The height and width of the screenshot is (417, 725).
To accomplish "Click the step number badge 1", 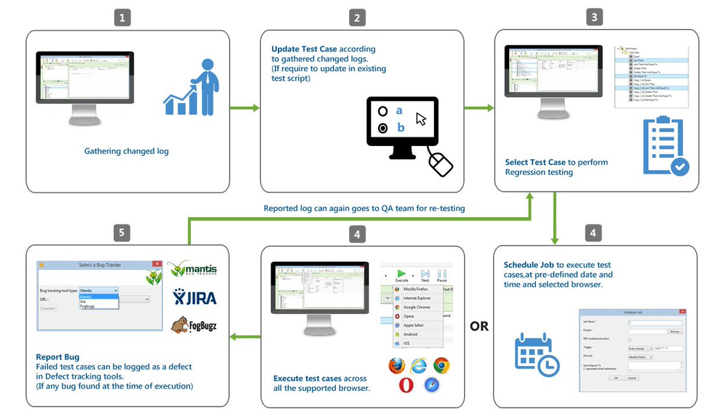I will pyautogui.click(x=123, y=18).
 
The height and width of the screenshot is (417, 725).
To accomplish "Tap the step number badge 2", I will pyautogui.click(x=357, y=18).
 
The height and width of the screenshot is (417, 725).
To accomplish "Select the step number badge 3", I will pyautogui.click(x=594, y=18).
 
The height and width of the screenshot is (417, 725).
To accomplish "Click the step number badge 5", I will pyautogui.click(x=123, y=233).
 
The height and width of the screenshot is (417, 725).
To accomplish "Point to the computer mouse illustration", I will pyautogui.click(x=440, y=164).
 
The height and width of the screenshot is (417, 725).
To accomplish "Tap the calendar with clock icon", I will pyautogui.click(x=536, y=354).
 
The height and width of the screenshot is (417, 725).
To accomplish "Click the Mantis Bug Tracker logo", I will pyautogui.click(x=192, y=269).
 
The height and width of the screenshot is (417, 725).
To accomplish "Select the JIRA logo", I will pyautogui.click(x=195, y=297).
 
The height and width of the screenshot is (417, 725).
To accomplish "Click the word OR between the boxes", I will pyautogui.click(x=479, y=326).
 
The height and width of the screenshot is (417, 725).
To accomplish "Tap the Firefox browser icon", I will pyautogui.click(x=396, y=366).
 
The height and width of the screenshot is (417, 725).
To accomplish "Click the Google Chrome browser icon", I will pyautogui.click(x=441, y=366).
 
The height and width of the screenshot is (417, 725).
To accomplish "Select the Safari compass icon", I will pyautogui.click(x=431, y=386).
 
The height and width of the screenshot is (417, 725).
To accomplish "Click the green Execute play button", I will pyautogui.click(x=402, y=273).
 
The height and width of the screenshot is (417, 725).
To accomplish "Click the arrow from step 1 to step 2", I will pyautogui.click(x=245, y=108).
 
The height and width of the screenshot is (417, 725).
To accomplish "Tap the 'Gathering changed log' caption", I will pyautogui.click(x=126, y=151).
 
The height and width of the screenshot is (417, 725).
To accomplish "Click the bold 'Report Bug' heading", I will pyautogui.click(x=57, y=357).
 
